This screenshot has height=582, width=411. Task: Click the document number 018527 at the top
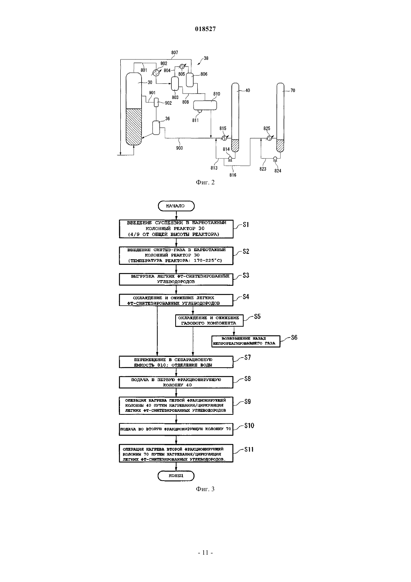pyautogui.click(x=205, y=29)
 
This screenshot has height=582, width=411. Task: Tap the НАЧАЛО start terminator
pyautogui.click(x=176, y=206)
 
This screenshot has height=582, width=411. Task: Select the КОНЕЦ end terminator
pyautogui.click(x=176, y=476)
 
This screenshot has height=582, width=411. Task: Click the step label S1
pyautogui.click(x=246, y=224)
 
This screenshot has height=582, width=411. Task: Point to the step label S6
pyautogui.click(x=294, y=337)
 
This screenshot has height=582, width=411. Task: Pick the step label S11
pyautogui.click(x=249, y=449)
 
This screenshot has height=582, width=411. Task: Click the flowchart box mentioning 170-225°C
pyautogui.click(x=176, y=256)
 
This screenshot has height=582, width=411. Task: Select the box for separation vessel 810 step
pyautogui.click(x=176, y=362)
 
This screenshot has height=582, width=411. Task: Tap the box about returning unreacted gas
pyautogui.click(x=246, y=341)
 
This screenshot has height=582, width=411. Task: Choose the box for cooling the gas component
pyautogui.click(x=209, y=321)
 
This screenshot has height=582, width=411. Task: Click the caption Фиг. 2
pyautogui.click(x=205, y=183)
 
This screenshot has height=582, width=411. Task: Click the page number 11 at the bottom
pyautogui.click(x=205, y=552)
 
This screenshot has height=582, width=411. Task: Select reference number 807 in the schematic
pyautogui.click(x=174, y=52)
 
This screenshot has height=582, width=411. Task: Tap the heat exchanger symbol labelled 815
pyautogui.click(x=224, y=138)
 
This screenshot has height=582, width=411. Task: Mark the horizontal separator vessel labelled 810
pyautogui.click(x=205, y=105)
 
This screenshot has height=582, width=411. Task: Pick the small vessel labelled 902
pyautogui.click(x=156, y=102)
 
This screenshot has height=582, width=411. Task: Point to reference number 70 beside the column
pyautogui.click(x=293, y=91)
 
